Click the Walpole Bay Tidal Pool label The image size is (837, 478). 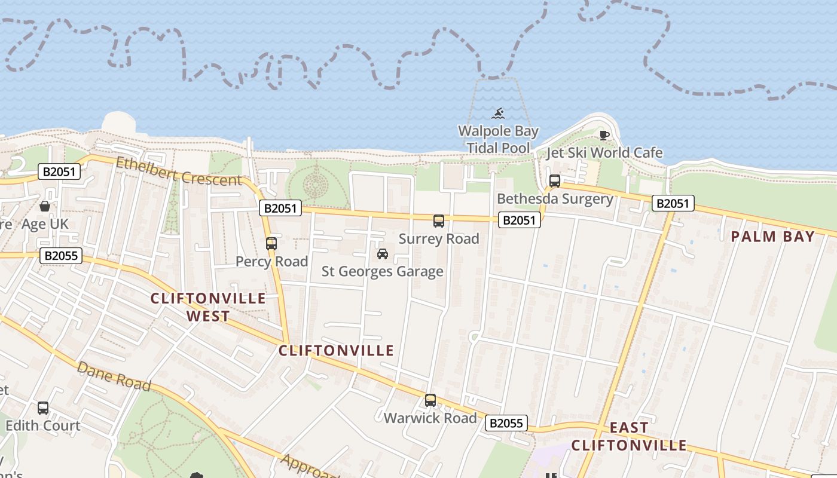pos(498,139)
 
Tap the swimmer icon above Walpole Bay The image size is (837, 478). pos(498,113)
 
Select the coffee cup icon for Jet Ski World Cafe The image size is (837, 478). pos(604,134)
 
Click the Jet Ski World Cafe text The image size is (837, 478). pos(604,153)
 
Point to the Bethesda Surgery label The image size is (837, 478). pos(555,199)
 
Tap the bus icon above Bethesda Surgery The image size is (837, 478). pos(555,180)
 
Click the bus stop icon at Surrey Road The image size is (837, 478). pos(439,221)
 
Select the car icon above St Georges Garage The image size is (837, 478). pos(383,254)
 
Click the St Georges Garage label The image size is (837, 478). pos(383,272)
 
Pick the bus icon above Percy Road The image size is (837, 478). pos(271,244)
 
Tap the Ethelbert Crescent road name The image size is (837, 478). pos(179,171)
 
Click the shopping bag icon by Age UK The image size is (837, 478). pos(45,207)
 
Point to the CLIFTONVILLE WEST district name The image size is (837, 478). pos(208,307)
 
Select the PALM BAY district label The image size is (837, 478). pos(772,237)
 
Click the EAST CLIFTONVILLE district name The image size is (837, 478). pos(629,437)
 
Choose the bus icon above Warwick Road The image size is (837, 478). pos(430,400)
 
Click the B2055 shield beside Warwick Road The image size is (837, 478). pos(506,424)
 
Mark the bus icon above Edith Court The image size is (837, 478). pos(43,408)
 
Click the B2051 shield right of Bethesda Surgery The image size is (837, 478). pos(673,203)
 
